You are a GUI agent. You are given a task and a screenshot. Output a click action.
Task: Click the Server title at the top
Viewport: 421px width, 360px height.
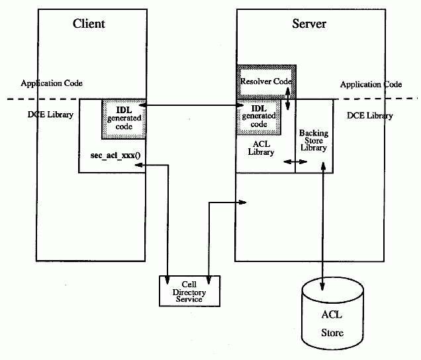coord(309,24)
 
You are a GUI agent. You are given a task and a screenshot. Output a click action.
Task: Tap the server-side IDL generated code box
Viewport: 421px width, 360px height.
coord(259,116)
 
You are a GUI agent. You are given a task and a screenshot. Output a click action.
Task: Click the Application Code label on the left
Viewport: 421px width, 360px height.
coord(52,83)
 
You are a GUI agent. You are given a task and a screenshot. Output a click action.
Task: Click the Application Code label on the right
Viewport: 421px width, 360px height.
coord(371,85)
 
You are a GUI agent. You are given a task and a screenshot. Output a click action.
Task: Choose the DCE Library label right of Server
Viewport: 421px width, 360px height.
coord(370,115)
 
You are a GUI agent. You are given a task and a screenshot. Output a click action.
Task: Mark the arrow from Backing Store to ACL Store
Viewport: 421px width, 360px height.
coord(322,225)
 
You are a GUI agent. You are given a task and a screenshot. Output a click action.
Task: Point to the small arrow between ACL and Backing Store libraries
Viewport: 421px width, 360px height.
coord(291,161)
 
